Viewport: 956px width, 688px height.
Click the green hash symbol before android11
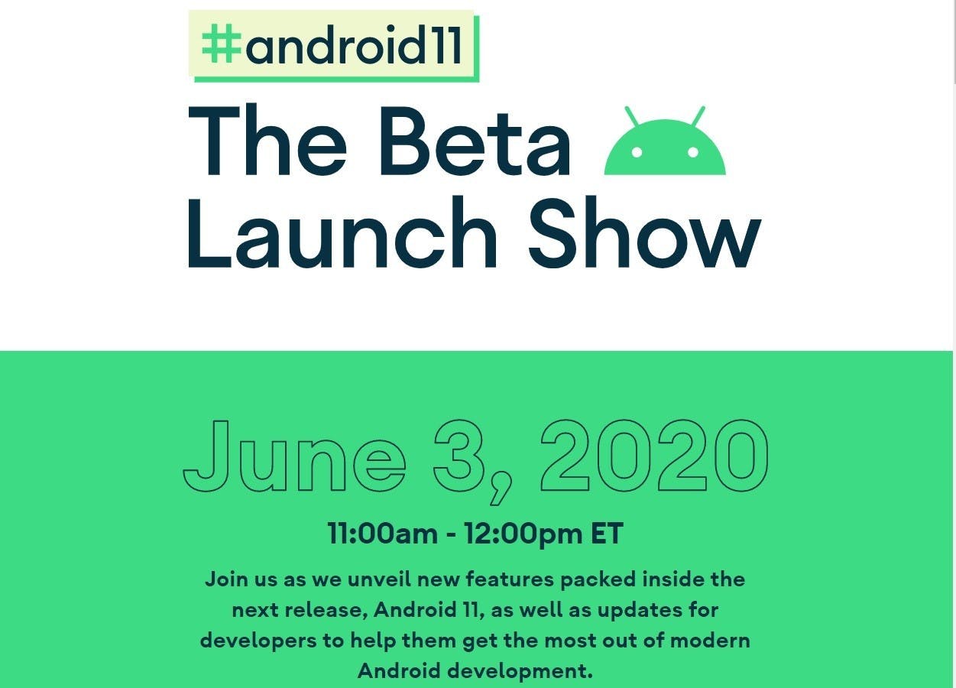[222, 44]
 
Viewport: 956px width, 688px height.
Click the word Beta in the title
[475, 141]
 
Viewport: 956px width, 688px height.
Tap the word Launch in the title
[341, 233]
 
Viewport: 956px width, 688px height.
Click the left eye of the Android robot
[637, 152]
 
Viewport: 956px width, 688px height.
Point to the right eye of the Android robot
[693, 152]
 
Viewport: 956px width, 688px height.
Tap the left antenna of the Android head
[633, 116]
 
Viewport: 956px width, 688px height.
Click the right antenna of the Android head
[698, 116]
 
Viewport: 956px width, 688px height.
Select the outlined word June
[294, 456]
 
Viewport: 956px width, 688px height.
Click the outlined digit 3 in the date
[459, 455]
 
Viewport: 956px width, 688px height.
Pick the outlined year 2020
[654, 455]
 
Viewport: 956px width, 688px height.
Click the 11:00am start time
[383, 534]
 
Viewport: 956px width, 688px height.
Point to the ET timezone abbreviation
[607, 534]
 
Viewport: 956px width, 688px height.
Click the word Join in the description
[227, 579]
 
